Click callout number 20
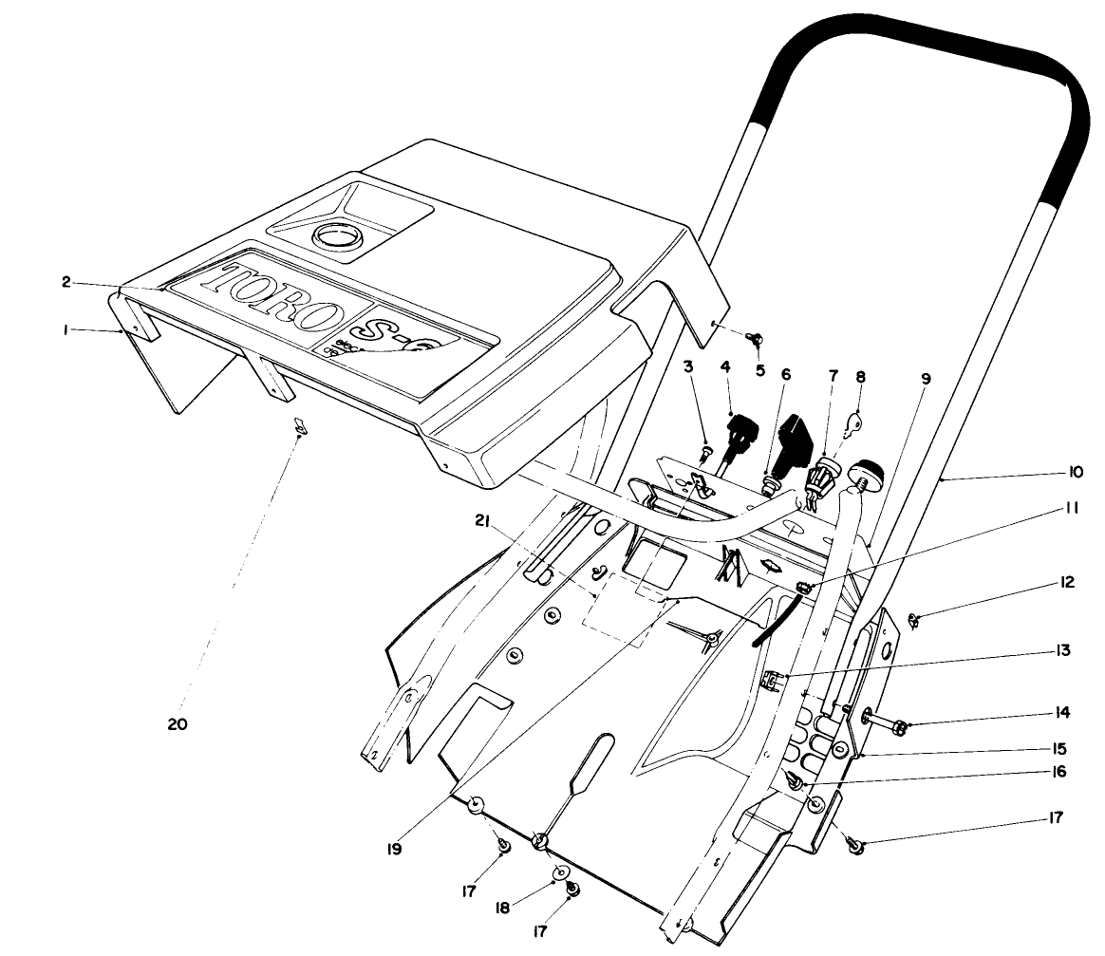pos(177,724)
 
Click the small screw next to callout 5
pos(756,337)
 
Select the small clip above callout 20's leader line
pos(297,428)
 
